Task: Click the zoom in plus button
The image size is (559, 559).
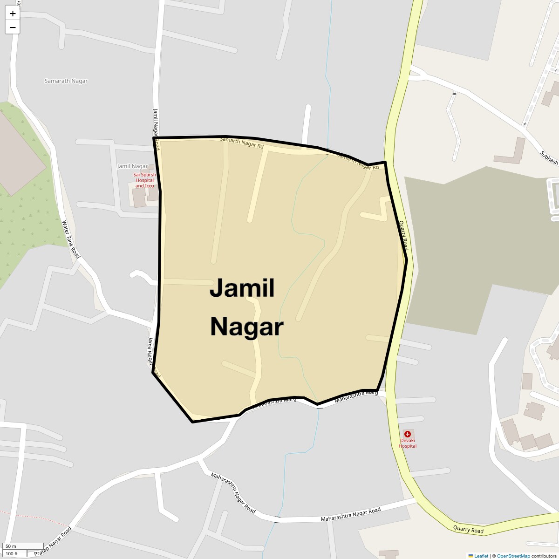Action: point(13,14)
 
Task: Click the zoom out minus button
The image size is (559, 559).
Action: point(13,27)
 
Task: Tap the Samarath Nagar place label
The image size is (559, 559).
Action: point(66,81)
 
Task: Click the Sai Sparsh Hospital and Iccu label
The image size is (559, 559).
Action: point(144,180)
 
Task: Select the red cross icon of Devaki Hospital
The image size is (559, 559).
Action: point(408,434)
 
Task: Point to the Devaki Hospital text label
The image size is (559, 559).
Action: point(408,443)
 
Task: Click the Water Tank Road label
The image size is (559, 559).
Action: point(71,239)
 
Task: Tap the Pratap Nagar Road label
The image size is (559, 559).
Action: point(53,542)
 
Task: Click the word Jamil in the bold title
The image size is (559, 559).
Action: point(242,288)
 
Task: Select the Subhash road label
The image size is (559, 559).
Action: point(549,157)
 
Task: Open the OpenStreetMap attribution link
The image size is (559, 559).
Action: point(513,556)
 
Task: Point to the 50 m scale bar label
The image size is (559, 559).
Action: point(11,546)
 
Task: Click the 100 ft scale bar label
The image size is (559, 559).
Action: point(12,554)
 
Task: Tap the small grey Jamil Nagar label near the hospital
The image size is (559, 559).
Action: point(132,166)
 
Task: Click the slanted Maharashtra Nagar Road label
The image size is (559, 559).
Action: point(233,493)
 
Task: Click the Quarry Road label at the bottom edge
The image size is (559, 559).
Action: point(468,530)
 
